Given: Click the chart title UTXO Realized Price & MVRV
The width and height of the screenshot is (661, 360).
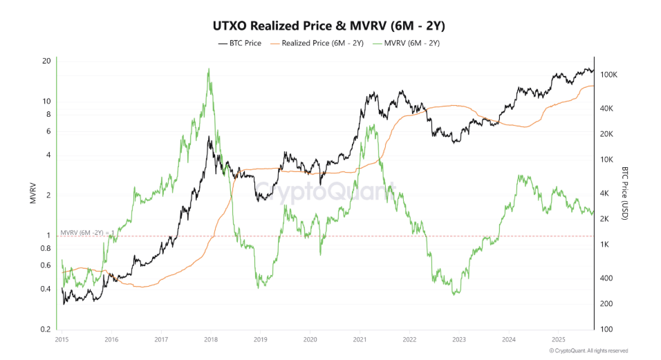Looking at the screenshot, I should click(330, 26).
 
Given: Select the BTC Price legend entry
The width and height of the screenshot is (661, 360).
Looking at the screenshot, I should click(239, 43).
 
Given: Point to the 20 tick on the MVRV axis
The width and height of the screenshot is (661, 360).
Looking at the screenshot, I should click(47, 61).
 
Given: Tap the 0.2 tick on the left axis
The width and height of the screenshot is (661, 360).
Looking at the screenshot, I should click(46, 329).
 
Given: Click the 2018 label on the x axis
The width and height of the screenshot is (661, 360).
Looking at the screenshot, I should click(210, 340).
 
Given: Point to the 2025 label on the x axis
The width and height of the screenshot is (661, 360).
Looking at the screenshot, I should click(559, 340).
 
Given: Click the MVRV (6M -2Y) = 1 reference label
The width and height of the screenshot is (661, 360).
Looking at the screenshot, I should click(87, 232).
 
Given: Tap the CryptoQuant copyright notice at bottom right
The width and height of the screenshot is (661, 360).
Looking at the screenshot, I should click(588, 351).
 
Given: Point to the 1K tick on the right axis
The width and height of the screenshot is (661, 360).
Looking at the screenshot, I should click(606, 245).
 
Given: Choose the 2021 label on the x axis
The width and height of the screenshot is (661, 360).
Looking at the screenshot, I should click(360, 340).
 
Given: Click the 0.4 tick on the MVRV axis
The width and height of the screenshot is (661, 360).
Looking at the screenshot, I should click(46, 289).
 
